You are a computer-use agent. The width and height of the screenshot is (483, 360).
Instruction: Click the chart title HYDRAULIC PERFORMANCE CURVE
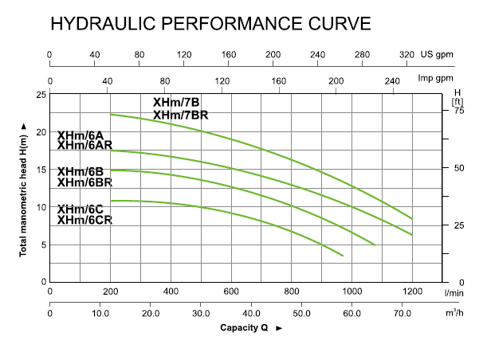click(x=210, y=23)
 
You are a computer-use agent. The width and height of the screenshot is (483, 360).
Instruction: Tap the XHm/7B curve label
click(x=176, y=102)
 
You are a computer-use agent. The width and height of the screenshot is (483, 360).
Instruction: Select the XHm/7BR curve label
click(x=180, y=115)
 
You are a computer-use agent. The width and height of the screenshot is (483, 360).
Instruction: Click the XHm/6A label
click(x=80, y=135)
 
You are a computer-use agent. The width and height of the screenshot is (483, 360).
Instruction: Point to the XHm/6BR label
click(x=84, y=182)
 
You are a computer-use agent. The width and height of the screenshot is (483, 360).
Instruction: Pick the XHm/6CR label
click(x=84, y=220)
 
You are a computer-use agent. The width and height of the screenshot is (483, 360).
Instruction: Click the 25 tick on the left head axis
click(x=41, y=94)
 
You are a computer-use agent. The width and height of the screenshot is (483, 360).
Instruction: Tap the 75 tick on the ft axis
click(x=457, y=111)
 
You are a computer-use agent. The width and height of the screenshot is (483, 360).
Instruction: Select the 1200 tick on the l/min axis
click(x=412, y=291)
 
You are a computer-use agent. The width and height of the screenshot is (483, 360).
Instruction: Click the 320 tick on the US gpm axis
click(x=406, y=54)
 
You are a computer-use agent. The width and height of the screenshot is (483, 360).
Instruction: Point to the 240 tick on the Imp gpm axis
click(x=393, y=80)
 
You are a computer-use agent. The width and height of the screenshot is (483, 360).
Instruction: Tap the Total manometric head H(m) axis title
click(x=23, y=190)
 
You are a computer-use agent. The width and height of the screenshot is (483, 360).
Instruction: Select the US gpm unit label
click(x=443, y=54)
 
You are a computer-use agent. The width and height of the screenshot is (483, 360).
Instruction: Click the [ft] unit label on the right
click(x=457, y=102)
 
